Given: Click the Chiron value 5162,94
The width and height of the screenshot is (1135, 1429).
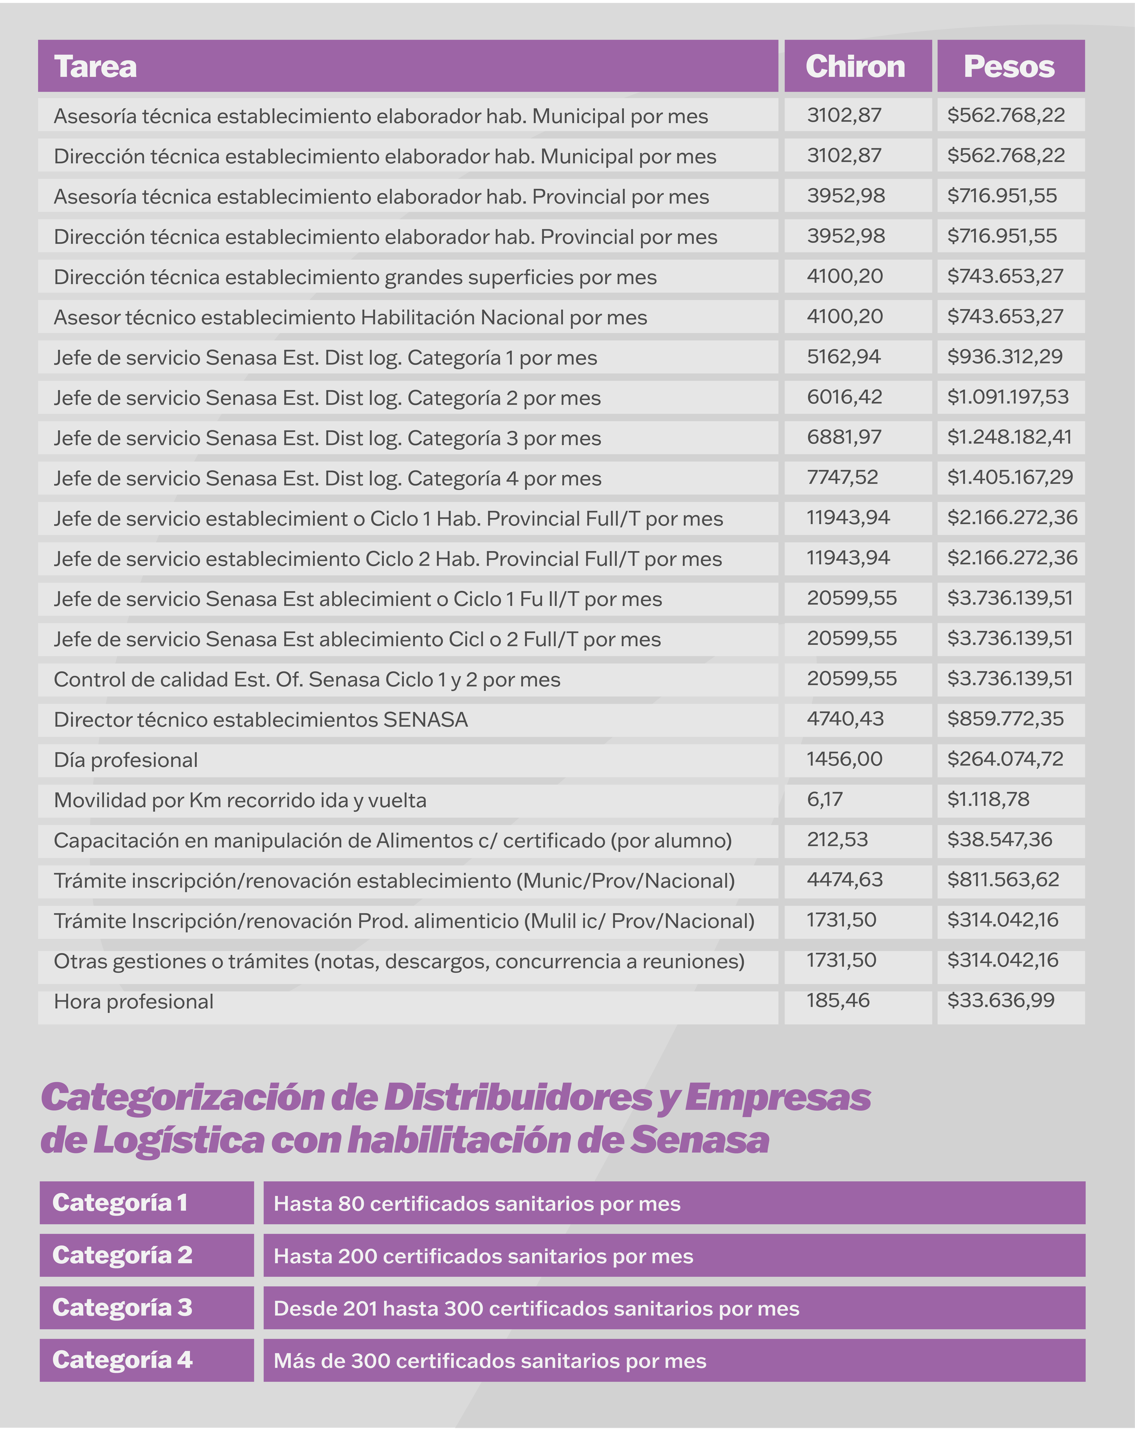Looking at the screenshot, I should click(843, 357).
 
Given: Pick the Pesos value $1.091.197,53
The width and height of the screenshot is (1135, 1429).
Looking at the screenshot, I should click(1008, 397).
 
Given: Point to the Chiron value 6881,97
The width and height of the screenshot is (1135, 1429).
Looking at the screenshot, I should click(843, 437).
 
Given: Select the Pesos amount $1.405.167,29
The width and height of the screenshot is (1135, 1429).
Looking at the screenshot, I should click(1010, 477).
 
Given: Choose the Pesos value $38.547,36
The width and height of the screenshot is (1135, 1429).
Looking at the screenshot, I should click(999, 840).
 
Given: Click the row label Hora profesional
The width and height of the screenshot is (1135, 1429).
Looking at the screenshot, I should click(134, 1001).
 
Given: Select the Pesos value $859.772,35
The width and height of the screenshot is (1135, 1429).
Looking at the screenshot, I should click(1005, 719).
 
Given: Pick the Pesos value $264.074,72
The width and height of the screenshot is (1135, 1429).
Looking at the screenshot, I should click(1005, 759).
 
